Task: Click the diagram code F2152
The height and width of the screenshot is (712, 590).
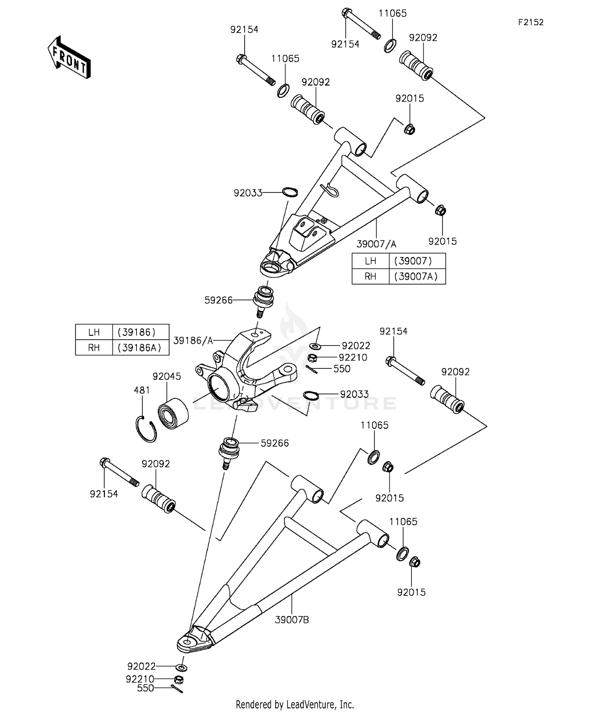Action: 530,22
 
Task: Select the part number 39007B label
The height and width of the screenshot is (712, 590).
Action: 292,620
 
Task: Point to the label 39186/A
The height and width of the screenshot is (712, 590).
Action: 193,340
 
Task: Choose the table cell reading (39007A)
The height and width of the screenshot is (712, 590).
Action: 417,276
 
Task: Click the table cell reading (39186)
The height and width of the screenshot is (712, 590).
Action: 136,332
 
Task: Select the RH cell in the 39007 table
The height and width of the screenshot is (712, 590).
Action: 370,276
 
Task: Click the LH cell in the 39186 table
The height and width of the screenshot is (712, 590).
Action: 94,332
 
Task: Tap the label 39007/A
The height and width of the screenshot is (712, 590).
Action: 376,244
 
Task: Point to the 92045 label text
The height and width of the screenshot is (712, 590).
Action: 167,376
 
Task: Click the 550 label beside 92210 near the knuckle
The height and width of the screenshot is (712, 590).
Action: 342,369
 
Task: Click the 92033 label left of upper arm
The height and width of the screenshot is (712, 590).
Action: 248,193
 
